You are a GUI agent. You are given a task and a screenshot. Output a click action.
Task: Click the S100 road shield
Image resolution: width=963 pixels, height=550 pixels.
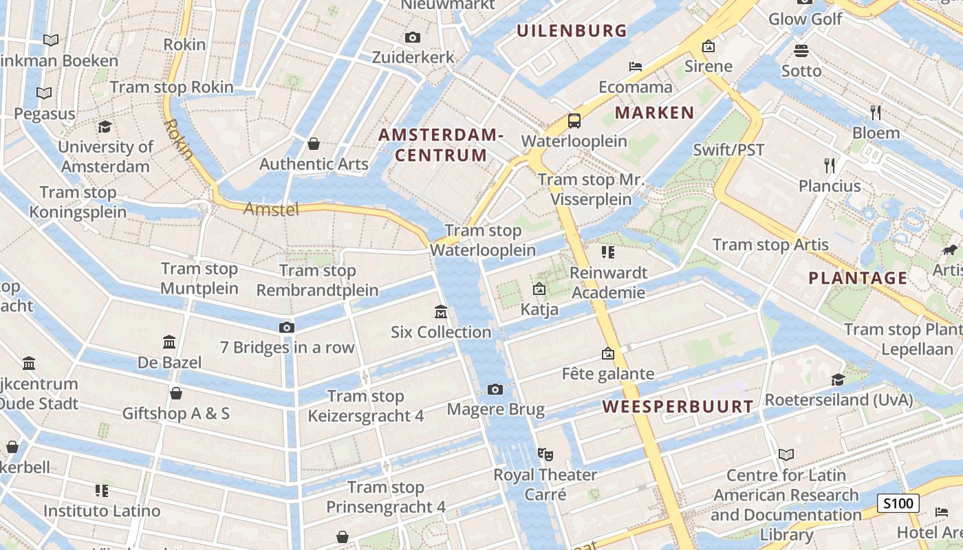pos(898,503)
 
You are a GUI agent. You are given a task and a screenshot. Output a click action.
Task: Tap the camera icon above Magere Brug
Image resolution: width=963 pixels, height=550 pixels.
pos(495,390)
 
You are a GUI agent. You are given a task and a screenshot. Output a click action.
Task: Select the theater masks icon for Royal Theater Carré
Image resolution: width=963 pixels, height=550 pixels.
pos(545,454)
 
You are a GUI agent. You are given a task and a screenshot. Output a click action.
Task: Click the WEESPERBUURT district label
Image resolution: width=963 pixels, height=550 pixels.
pos(678,406)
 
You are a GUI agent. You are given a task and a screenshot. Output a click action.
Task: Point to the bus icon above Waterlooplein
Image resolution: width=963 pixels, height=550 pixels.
pos(574,121)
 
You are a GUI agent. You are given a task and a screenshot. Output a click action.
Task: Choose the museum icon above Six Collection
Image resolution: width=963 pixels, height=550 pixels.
pos(441,312)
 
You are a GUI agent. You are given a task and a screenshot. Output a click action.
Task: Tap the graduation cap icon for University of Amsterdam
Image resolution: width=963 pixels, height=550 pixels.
pos(105,126)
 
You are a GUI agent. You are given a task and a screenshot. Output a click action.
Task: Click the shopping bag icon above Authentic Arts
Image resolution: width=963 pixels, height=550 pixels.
pos(314,144)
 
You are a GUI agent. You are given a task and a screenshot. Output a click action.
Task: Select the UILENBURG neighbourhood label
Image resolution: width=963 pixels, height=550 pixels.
pos(572,30)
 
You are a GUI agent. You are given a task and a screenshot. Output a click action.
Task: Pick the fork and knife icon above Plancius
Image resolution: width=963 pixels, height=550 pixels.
pos(830,165)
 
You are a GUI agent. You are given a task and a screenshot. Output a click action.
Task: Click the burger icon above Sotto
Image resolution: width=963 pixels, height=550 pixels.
pos(801,50)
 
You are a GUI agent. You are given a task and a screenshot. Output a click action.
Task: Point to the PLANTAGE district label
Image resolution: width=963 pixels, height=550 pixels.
pos(858,278)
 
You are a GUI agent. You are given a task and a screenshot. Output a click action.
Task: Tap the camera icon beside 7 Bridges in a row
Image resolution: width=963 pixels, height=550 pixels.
pos(287,327)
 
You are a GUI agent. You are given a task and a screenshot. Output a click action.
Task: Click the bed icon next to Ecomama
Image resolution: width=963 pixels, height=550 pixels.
pos(636,67)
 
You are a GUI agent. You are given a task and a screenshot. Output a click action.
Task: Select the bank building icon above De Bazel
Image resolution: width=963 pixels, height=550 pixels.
pos(169,342)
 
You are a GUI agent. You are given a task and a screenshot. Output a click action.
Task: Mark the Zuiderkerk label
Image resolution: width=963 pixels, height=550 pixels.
pos(413,57)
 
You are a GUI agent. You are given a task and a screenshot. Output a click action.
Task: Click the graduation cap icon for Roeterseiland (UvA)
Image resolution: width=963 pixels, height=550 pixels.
pos(838,379)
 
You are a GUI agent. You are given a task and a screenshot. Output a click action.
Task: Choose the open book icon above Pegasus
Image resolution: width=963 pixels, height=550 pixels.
pos(44,93)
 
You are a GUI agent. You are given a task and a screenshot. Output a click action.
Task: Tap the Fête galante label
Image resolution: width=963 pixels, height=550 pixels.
pos(608,374)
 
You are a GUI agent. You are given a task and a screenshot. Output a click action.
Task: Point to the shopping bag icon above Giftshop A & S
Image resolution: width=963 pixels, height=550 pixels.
pos(176,393)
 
